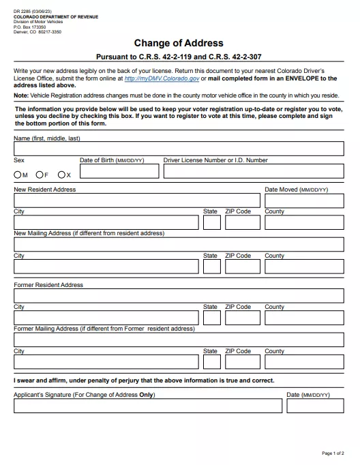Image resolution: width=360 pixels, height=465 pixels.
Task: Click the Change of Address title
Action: pyautogui.click(x=179, y=43)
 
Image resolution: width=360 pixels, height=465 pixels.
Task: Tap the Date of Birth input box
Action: pyautogui.click(x=119, y=172)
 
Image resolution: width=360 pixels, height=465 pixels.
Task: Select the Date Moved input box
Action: pyautogui.click(x=304, y=200)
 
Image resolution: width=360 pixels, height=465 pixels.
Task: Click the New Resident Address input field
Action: pyautogui.click(x=137, y=200)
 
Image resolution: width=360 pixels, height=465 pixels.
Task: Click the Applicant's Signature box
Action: pyautogui.click(x=148, y=406)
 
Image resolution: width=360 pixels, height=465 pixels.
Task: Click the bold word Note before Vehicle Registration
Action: pyautogui.click(x=20, y=96)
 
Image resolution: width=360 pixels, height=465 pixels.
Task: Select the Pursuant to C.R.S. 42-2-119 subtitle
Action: pyautogui.click(x=179, y=57)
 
